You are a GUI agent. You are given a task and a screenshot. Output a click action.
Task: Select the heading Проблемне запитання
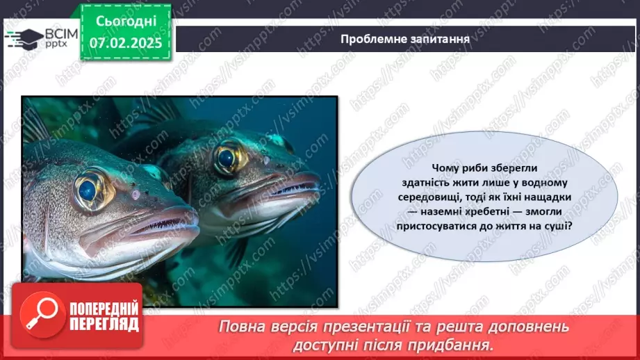[x=405, y=39]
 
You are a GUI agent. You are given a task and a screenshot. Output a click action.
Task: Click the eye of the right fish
[x=227, y=157]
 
